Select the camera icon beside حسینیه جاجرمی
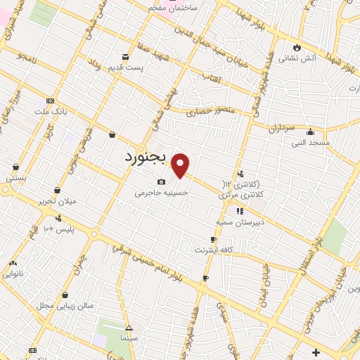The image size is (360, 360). coord(162,182)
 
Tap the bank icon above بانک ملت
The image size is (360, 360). coord(49,100)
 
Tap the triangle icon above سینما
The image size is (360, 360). coord(129,328)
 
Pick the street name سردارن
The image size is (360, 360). coord(279,128)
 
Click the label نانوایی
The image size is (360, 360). coord(15,273)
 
